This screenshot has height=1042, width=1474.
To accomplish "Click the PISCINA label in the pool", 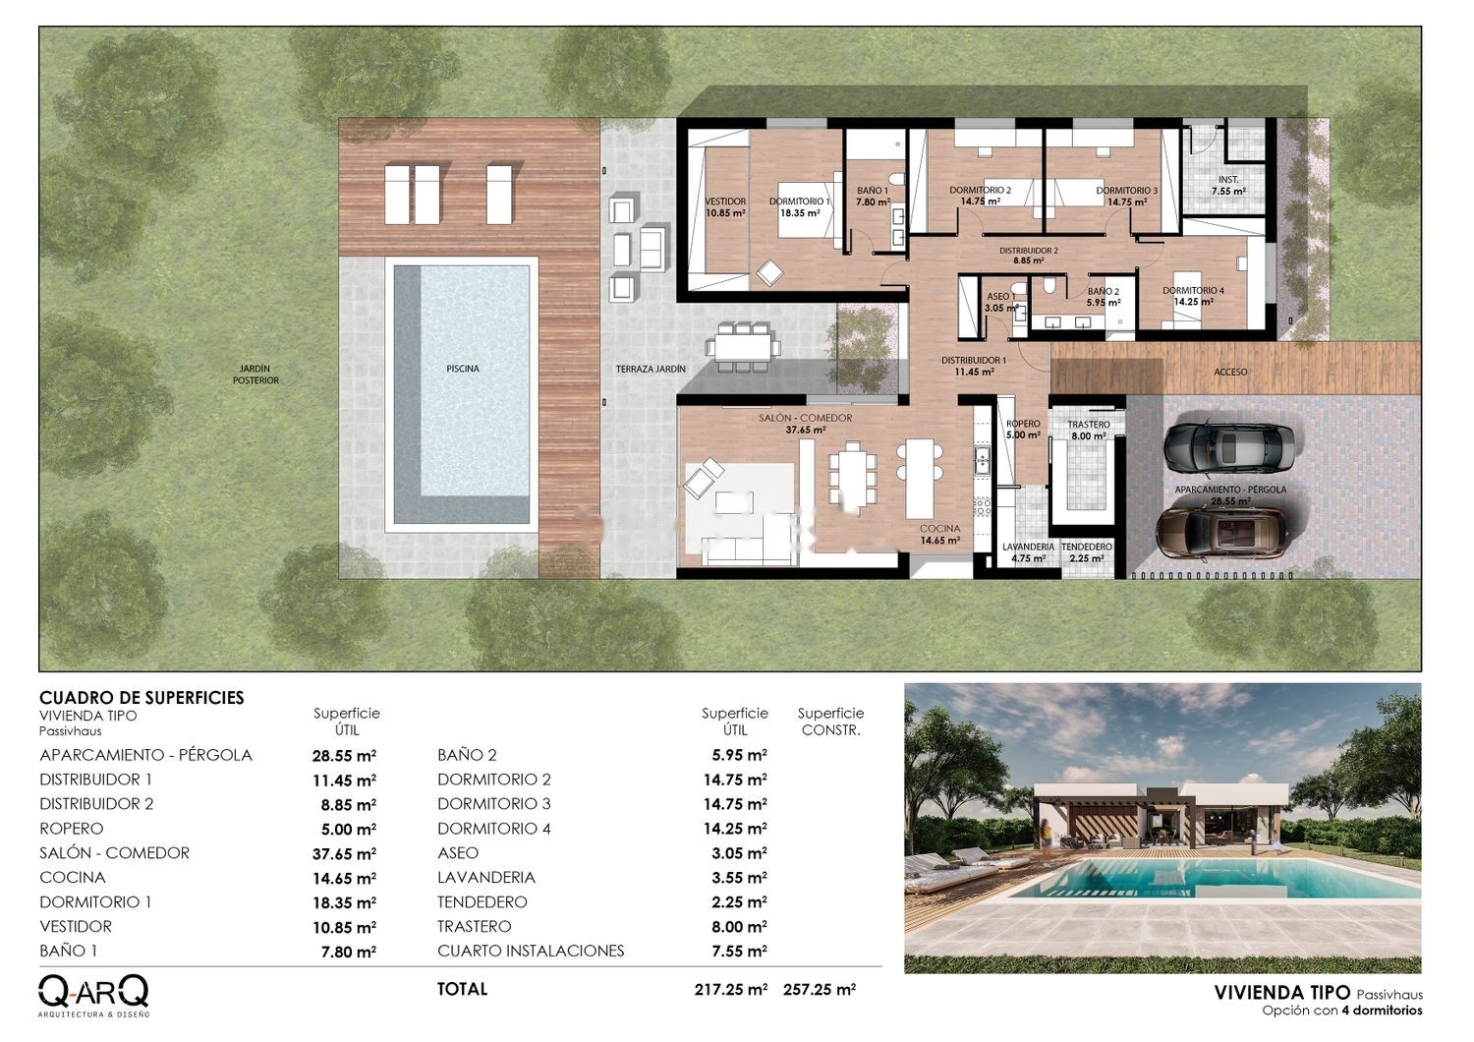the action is [x=463, y=369].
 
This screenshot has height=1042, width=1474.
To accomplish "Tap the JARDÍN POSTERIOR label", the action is [x=255, y=375].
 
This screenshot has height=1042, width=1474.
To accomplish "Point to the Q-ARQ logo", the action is [x=93, y=995].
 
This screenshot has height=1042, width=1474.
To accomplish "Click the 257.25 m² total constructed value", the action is [x=820, y=989].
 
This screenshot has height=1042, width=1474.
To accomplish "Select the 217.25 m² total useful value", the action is [x=731, y=989].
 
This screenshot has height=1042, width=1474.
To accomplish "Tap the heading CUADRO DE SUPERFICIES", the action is [x=142, y=698].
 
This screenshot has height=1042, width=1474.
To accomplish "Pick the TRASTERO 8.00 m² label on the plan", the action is [x=1089, y=431].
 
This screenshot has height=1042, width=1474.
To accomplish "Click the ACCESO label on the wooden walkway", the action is [x=1230, y=372].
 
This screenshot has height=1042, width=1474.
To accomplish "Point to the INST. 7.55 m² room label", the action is [x=1228, y=186].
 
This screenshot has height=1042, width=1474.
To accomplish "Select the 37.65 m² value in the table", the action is [x=344, y=853].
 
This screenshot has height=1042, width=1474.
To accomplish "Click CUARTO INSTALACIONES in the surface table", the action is [x=531, y=951].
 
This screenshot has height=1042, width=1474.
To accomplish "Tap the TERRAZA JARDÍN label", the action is [x=651, y=370].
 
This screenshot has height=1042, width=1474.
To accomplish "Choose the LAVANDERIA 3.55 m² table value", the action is [x=739, y=878].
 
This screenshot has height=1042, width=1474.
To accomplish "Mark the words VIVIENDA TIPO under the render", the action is [x=1281, y=993].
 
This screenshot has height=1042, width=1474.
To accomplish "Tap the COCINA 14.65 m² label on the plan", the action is [x=939, y=535].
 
